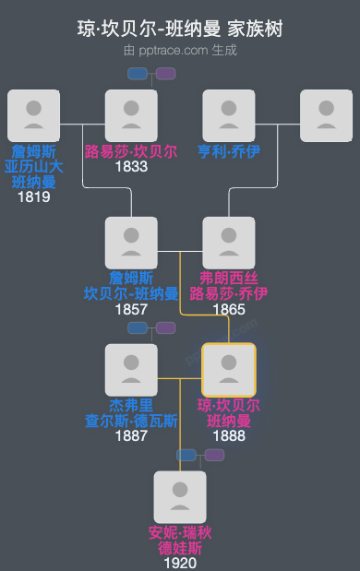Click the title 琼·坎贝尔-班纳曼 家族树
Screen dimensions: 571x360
(180, 30)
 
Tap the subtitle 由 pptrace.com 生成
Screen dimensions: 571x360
(180, 50)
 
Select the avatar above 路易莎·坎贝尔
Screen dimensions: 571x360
(131, 115)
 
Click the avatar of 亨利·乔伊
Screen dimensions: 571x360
(228, 115)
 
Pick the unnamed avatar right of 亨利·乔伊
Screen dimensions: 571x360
(326, 115)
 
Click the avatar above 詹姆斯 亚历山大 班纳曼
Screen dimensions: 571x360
(33, 115)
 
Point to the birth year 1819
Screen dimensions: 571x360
(33, 196)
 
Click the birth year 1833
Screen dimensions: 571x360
(131, 167)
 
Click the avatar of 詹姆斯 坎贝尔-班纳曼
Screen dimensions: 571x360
(131, 243)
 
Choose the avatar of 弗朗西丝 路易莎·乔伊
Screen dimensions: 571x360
(228, 243)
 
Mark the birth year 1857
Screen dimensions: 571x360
(131, 309)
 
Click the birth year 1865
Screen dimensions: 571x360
(228, 309)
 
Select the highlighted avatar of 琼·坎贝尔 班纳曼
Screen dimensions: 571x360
(228, 370)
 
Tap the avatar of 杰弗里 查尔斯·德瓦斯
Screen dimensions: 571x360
(131, 370)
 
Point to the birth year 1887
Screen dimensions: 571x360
(131, 436)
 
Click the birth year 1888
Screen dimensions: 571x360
(228, 436)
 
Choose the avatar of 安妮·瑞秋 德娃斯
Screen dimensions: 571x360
(180, 497)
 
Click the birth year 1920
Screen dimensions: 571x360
(180, 563)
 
